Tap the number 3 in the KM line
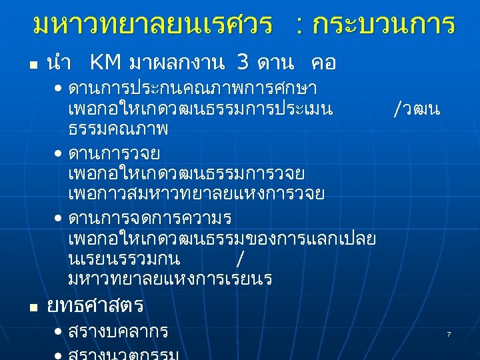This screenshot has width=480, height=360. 244,63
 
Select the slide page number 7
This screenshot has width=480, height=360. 449,333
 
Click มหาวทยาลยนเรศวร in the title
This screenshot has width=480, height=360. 152,25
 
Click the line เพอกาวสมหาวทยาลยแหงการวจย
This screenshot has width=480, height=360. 196,194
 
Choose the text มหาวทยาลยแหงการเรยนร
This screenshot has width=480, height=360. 170,279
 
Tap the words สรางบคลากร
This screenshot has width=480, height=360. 118,332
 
